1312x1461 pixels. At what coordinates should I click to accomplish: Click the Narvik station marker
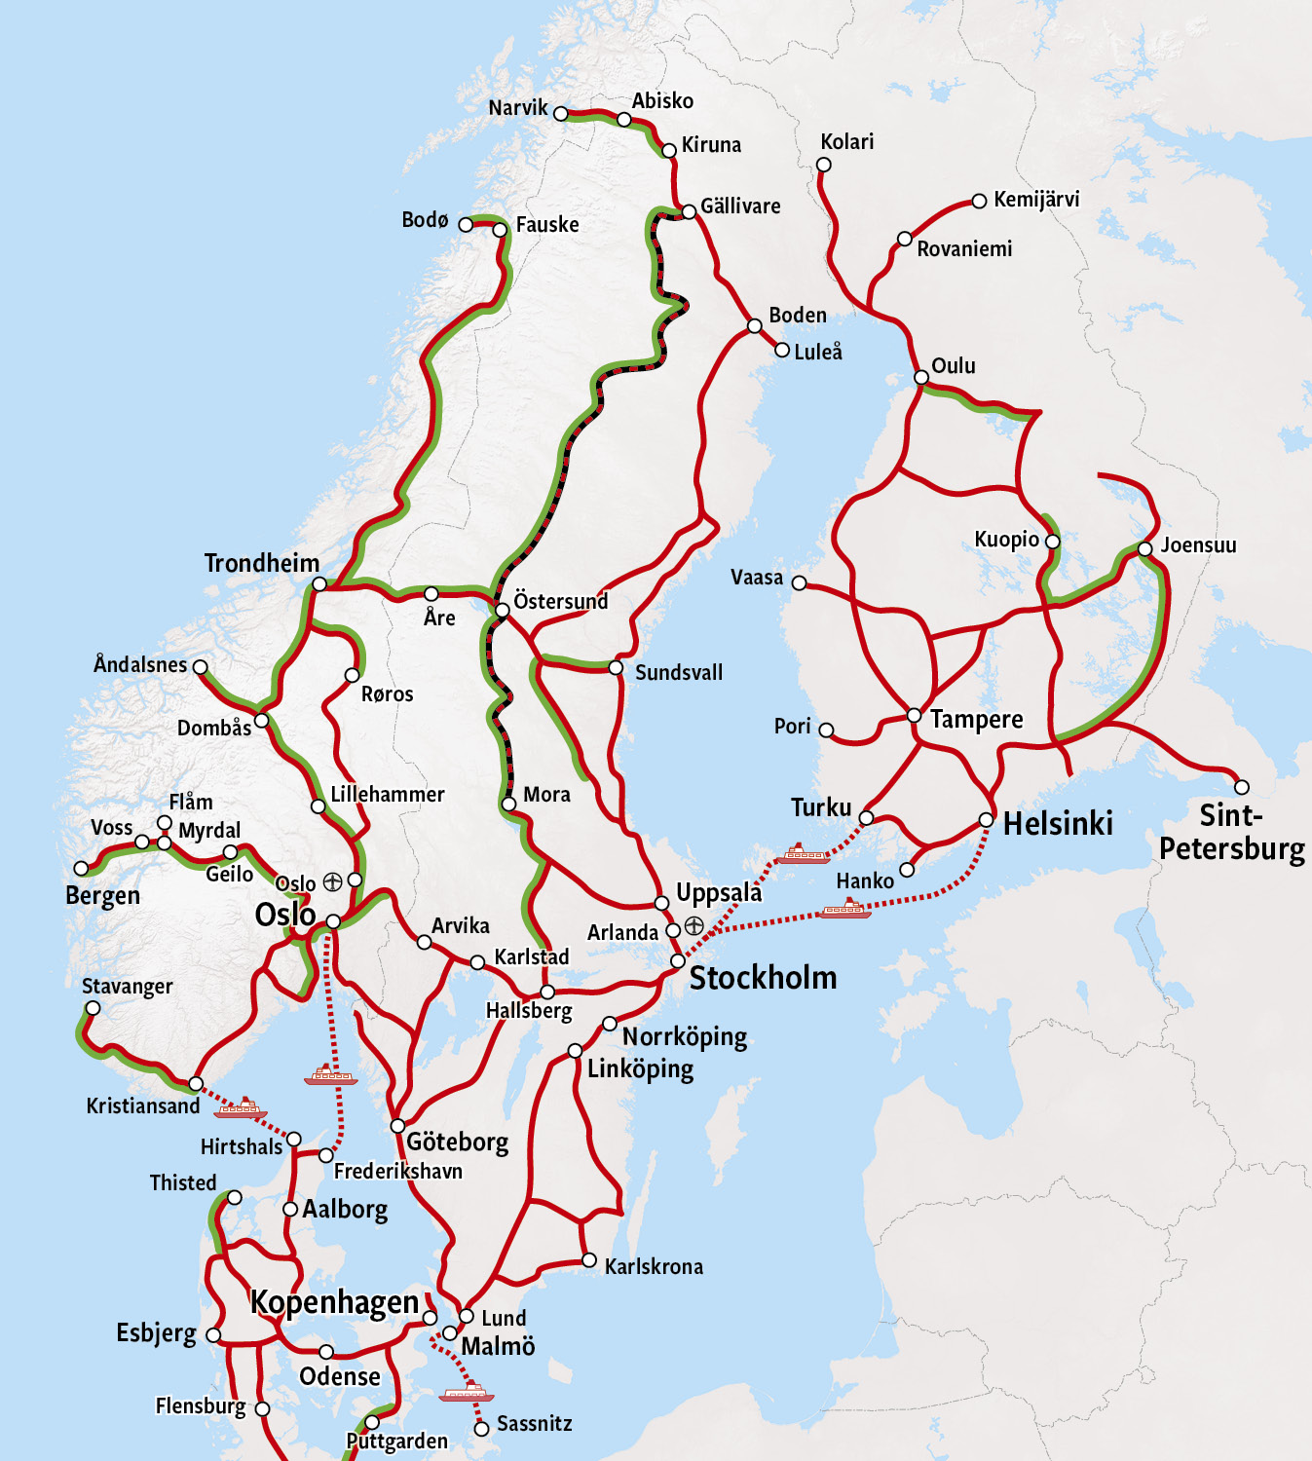[560, 114]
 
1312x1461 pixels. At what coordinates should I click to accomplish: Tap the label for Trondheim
[262, 563]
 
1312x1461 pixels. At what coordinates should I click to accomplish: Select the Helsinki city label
[1058, 823]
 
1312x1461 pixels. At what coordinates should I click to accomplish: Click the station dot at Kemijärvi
[979, 202]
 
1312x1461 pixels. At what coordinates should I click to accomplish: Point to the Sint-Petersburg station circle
[1241, 787]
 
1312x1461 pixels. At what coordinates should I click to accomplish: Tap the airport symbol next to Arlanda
[693, 925]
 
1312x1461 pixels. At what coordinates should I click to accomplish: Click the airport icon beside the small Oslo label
[332, 881]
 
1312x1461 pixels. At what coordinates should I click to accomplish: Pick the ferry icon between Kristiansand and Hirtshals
[241, 1107]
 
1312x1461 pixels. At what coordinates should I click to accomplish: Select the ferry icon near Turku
[804, 855]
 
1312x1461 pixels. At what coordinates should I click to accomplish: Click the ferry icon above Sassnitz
[467, 1392]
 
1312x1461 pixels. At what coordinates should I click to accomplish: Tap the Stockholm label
[763, 978]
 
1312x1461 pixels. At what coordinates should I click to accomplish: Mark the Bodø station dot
[466, 225]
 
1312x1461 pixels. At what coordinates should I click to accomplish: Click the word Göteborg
[458, 1142]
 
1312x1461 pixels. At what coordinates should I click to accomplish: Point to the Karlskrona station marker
[589, 1260]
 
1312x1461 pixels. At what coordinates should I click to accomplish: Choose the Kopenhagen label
[334, 1302]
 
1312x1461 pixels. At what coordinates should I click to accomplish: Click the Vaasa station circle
[799, 582]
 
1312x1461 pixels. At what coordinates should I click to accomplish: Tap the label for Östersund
[561, 601]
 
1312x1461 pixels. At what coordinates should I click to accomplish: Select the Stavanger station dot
[93, 1008]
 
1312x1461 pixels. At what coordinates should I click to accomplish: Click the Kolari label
[846, 142]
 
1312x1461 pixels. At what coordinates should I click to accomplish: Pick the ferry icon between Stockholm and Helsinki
[844, 910]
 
